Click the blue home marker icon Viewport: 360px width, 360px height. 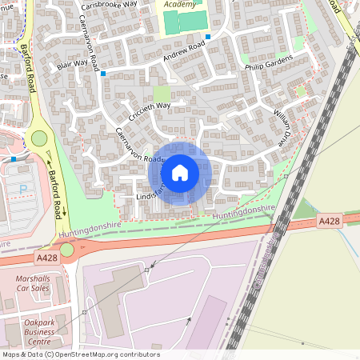coord(180,172)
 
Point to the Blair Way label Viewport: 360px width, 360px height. coord(72,64)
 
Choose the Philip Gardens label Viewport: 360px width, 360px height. coord(269,64)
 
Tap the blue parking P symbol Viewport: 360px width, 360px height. coord(22,189)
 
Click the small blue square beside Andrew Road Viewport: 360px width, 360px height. coord(208,37)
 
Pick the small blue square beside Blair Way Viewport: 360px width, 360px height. coord(103,74)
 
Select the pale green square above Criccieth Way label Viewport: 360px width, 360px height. coord(162,93)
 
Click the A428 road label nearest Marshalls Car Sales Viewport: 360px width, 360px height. coord(46,258)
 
